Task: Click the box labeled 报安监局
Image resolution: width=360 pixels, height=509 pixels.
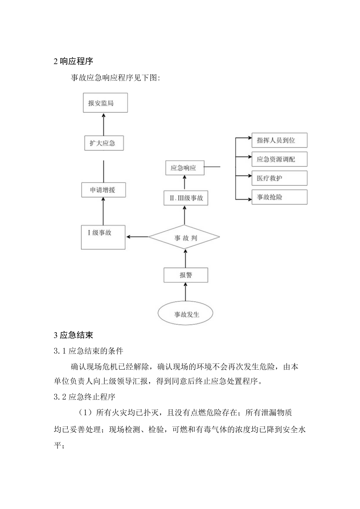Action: pos(105,103)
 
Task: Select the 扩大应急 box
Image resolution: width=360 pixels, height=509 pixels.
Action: pos(104,143)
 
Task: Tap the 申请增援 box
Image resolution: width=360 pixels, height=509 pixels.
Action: pos(103,190)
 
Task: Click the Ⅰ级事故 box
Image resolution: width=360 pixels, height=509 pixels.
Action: pos(103,237)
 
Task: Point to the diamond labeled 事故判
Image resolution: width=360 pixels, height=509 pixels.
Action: pos(184,237)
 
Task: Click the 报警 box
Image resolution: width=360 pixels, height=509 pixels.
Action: pos(185,275)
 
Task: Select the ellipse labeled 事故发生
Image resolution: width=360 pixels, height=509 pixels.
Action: pos(185,314)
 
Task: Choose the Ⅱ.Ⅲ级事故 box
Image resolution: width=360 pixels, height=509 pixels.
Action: pos(185,198)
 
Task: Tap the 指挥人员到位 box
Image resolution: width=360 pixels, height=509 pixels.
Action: pos(279,140)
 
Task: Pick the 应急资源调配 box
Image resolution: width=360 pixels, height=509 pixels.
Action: pos(279,159)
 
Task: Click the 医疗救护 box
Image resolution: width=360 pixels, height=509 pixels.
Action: pos(279,178)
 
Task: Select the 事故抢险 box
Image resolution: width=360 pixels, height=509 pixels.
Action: pos(279,197)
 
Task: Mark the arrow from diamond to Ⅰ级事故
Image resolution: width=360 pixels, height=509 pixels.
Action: pos(137,237)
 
